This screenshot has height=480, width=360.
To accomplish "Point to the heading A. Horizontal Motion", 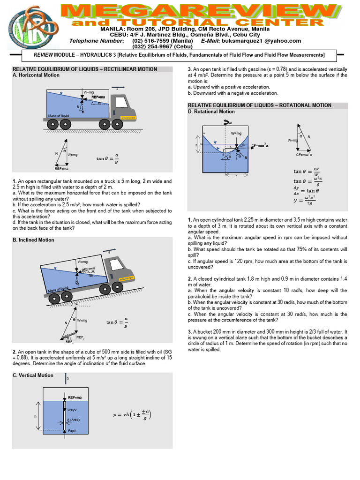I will pos(36,75).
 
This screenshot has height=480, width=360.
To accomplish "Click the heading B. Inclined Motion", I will pos(33,240).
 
